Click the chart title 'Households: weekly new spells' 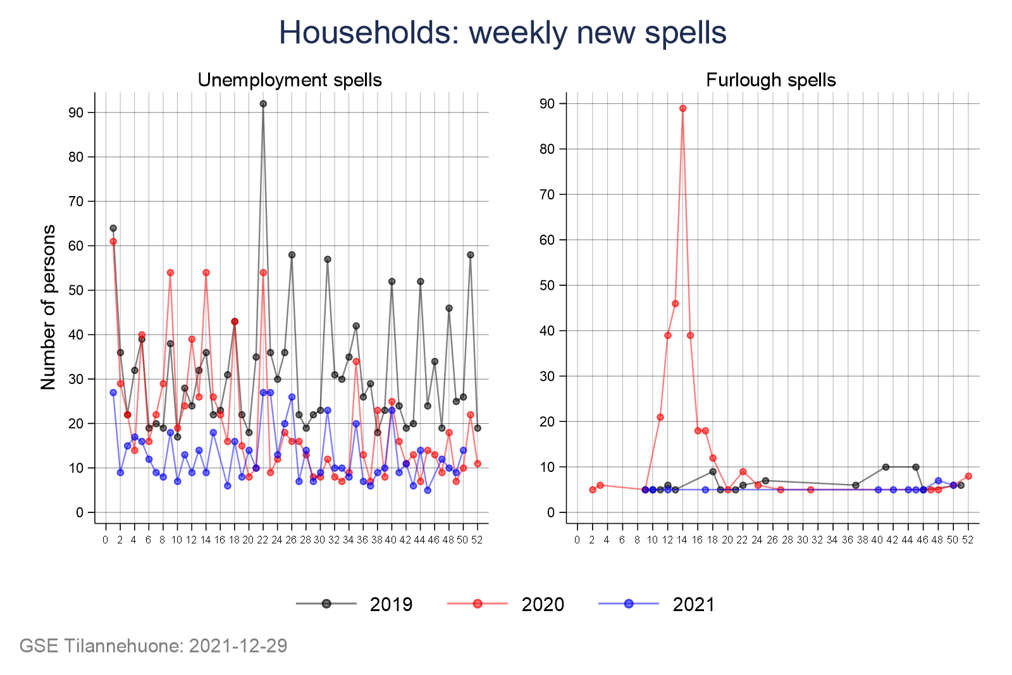(502, 32)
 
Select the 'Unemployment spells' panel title (290, 80)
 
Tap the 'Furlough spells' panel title (770, 80)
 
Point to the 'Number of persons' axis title (49, 307)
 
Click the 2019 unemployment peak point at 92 (263, 104)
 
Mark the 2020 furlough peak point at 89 (682, 108)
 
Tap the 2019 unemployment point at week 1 (113, 228)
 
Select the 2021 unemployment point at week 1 (113, 393)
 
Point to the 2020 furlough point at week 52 (968, 476)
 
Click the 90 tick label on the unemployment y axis (77, 113)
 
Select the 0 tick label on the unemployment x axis (106, 540)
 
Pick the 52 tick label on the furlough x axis (968, 540)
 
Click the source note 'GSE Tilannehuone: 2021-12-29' (154, 646)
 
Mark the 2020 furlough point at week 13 (675, 304)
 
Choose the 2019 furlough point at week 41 (885, 467)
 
